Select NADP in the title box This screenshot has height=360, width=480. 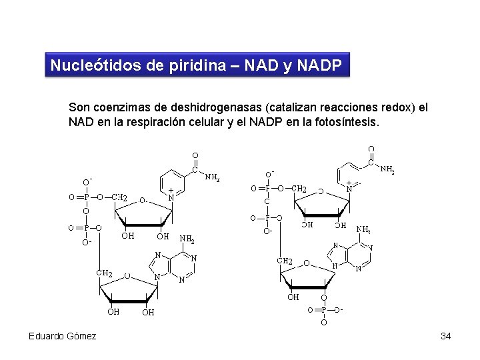319,66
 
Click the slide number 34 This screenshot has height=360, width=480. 446,336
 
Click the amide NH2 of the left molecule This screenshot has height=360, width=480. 212,177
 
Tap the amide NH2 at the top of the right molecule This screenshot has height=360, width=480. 387,170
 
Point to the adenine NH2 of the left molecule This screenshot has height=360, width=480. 187,239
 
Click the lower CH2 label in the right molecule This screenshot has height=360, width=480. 285,261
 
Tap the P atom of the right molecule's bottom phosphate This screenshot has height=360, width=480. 324,310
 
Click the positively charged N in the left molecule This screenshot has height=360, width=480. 171,197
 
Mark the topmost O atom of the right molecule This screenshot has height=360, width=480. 371,149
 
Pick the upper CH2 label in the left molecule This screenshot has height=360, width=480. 120,197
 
